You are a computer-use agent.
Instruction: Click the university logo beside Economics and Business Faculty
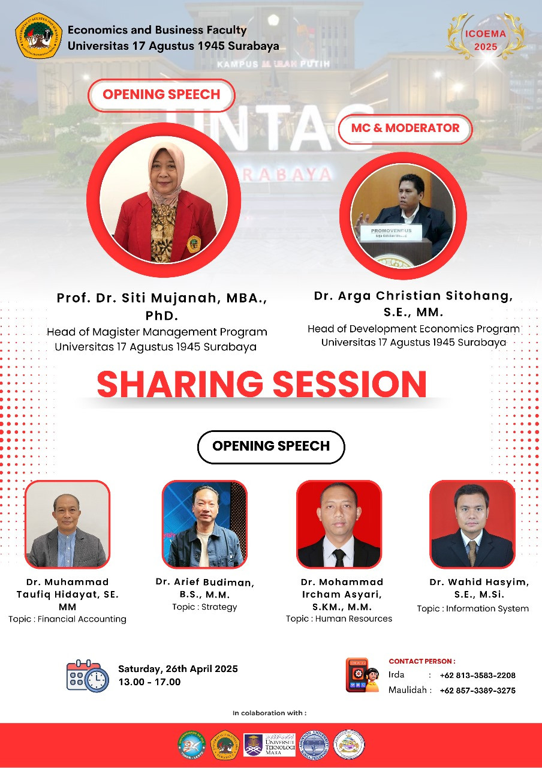pyautogui.click(x=38, y=35)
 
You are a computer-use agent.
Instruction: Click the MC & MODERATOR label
pyautogui.click(x=405, y=128)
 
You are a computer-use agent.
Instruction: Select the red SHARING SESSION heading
pyautogui.click(x=261, y=385)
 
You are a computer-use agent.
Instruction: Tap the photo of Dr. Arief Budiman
pyautogui.click(x=204, y=524)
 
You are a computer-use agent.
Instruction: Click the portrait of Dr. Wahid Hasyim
pyautogui.click(x=472, y=524)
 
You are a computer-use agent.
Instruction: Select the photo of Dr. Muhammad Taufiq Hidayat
pyautogui.click(x=67, y=524)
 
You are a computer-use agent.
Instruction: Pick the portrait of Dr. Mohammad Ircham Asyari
pyautogui.click(x=339, y=524)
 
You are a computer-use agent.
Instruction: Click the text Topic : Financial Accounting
pyautogui.click(x=67, y=619)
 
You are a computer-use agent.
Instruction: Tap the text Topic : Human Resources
pyautogui.click(x=339, y=619)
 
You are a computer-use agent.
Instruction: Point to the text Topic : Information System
pyautogui.click(x=472, y=608)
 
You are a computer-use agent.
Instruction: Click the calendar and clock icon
pyautogui.click(x=88, y=676)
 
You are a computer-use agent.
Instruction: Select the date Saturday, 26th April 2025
pyautogui.click(x=178, y=669)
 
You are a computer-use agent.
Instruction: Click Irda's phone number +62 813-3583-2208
pyautogui.click(x=477, y=675)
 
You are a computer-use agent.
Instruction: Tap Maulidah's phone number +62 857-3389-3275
pyautogui.click(x=477, y=690)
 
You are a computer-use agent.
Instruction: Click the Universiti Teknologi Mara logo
pyautogui.click(x=269, y=745)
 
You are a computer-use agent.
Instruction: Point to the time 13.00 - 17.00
pyautogui.click(x=149, y=682)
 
